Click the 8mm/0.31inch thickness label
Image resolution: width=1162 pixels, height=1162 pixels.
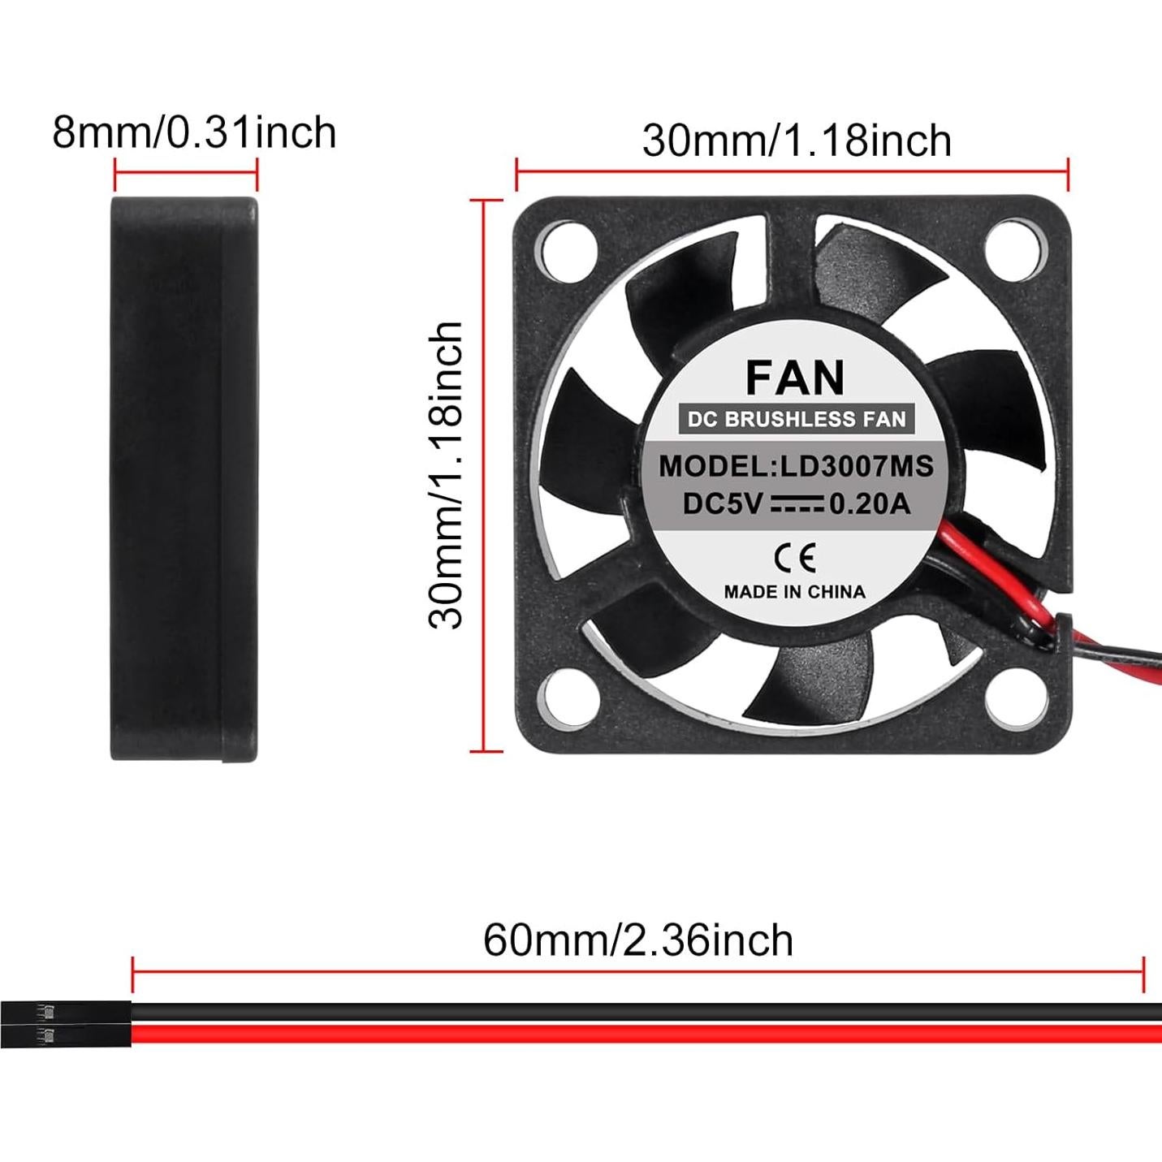[194, 132]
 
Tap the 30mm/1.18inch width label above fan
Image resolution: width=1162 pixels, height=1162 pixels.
[797, 140]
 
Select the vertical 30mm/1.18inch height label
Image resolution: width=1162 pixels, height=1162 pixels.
[446, 475]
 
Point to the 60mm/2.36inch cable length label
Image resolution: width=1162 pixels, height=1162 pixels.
[638, 940]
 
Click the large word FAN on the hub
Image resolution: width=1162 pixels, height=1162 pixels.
[795, 378]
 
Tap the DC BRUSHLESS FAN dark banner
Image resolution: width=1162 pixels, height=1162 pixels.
[796, 419]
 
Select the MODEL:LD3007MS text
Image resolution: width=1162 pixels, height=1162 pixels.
[796, 466]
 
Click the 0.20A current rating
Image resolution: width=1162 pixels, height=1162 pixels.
[869, 504]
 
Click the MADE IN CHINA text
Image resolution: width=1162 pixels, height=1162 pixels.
[794, 592]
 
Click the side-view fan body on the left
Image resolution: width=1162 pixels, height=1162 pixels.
[184, 479]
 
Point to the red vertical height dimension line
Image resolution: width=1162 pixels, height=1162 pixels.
[485, 475]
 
